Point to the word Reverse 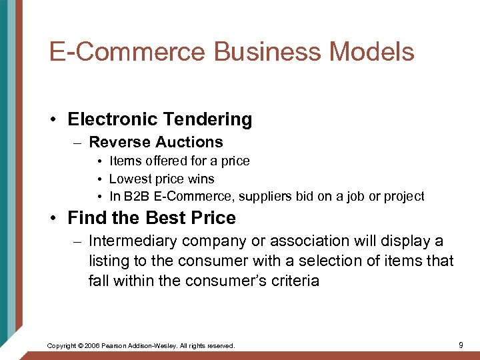point(118,142)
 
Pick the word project point(403,196)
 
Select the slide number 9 point(461,345)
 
